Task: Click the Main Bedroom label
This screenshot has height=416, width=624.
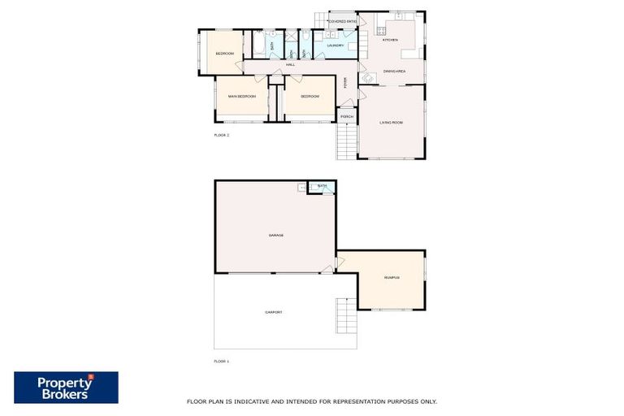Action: (242, 97)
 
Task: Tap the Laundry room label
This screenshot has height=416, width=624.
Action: (336, 45)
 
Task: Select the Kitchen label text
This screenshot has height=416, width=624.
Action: (390, 40)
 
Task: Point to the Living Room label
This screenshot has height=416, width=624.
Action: (391, 123)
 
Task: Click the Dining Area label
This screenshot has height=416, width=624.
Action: (394, 72)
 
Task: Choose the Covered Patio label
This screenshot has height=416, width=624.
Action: (342, 21)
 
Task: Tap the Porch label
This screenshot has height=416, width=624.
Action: (347, 116)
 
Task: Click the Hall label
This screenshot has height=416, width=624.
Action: (289, 64)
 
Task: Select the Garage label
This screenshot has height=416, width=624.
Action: (275, 236)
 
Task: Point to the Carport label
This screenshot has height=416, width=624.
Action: (273, 312)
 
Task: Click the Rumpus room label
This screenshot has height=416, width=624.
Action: (391, 279)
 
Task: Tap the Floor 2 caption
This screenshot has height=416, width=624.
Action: (221, 135)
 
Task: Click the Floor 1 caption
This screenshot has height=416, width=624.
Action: (221, 361)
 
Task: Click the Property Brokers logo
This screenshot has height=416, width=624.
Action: (66, 388)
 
